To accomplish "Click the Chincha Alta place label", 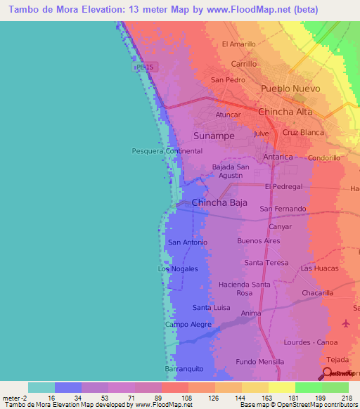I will click(285, 112).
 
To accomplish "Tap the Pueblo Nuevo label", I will click(290, 89).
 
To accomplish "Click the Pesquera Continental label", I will click(167, 151).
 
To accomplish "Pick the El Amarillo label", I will click(238, 44).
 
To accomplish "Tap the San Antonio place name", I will click(187, 242).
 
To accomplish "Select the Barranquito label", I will click(184, 368).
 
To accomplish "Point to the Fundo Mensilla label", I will click(260, 362).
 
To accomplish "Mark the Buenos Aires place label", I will click(259, 241).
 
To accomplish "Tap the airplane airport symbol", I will click(346, 324).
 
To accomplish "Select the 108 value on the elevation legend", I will click(188, 397).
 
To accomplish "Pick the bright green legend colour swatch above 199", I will click(308, 387).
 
